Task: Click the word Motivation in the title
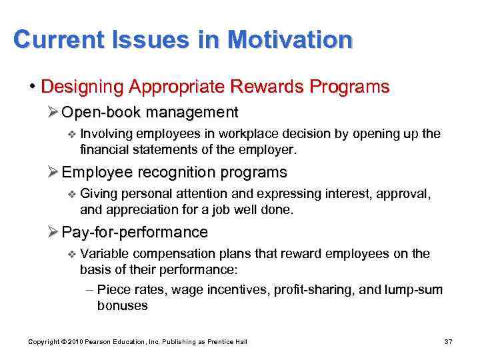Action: [x=289, y=41]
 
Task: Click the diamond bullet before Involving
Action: [x=73, y=134]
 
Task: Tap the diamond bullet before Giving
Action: [x=73, y=194]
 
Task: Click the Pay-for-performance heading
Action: [x=134, y=232]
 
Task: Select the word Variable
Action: [x=105, y=254]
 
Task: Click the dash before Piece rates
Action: [x=90, y=289]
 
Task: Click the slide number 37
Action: [x=448, y=342]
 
